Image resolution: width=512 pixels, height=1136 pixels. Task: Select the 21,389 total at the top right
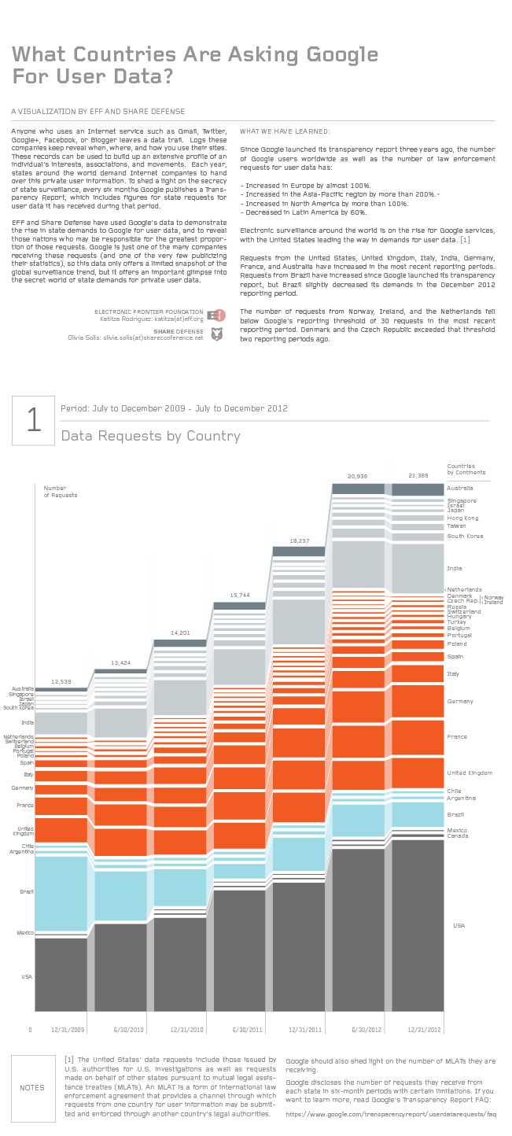[x=418, y=476]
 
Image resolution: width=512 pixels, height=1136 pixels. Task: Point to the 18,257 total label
[x=300, y=540]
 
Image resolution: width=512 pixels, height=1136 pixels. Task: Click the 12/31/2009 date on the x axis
[x=68, y=1029]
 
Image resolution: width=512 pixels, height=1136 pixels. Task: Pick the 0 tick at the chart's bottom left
[x=31, y=1029]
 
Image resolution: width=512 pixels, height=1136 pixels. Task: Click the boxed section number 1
[x=33, y=420]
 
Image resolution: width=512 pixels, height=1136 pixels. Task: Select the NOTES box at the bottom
[x=33, y=1089]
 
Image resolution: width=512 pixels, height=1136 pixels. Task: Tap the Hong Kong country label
[x=462, y=518]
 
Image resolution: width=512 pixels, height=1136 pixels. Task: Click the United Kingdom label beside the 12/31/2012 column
[x=469, y=773]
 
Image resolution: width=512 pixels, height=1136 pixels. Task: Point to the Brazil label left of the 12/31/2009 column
[x=27, y=891]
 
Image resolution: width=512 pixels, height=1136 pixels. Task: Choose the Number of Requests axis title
[x=61, y=492]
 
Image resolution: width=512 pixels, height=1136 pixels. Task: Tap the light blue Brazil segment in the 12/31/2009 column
[x=61, y=893]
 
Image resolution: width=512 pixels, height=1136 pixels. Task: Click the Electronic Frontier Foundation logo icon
[x=219, y=315]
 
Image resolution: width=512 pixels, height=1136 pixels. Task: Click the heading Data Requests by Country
[x=150, y=436]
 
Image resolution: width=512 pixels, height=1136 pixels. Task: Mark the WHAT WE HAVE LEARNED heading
[x=285, y=131]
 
